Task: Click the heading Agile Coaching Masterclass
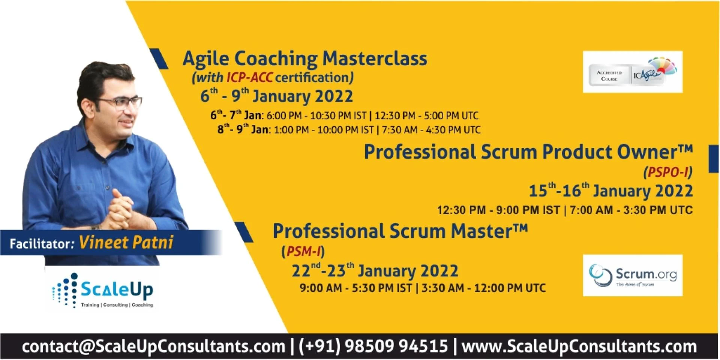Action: (x=305, y=59)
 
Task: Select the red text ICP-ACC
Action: (x=249, y=77)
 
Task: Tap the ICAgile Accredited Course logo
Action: (x=633, y=72)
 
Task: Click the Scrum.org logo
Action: (x=633, y=275)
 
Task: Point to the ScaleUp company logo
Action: (x=103, y=291)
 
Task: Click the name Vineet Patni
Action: (x=126, y=243)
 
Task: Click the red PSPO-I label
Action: (x=668, y=172)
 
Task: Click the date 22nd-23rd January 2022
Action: (x=375, y=270)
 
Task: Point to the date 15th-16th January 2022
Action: (x=610, y=190)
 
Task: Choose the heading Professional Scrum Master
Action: (x=400, y=231)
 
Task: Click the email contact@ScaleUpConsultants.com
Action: (x=153, y=346)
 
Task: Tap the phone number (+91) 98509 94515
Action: (x=373, y=346)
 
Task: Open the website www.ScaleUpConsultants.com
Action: (x=579, y=346)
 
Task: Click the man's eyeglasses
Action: (x=120, y=103)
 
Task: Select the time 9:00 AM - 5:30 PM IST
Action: (x=355, y=288)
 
